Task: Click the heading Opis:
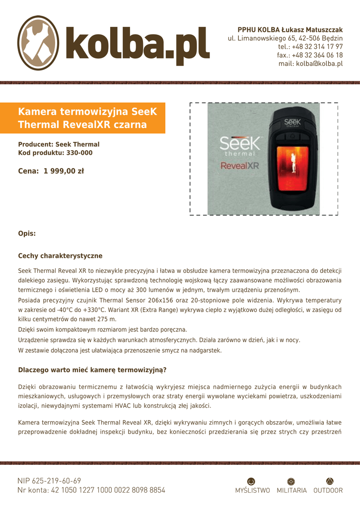(x=27, y=233)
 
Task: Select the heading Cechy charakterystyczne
(x=60, y=256)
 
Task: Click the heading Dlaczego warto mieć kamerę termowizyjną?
(x=92, y=370)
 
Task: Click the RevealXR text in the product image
(x=240, y=166)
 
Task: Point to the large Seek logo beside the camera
(x=240, y=144)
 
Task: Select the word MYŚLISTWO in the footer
(x=252, y=490)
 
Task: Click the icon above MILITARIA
(x=291, y=480)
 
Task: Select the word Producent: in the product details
(x=36, y=144)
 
